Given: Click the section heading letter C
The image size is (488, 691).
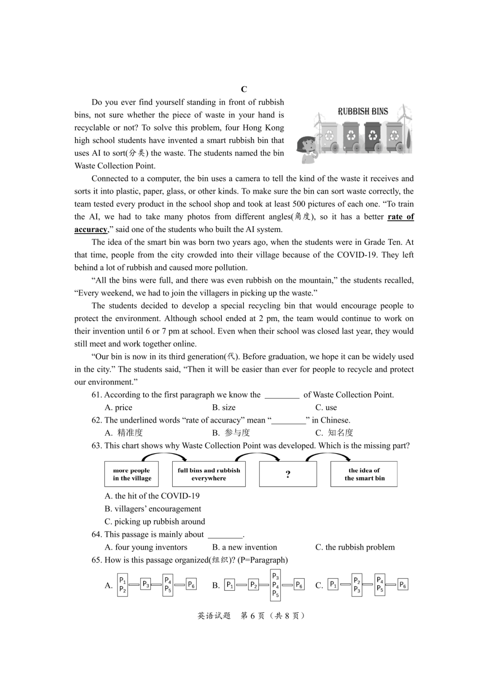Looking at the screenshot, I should coord(244,89).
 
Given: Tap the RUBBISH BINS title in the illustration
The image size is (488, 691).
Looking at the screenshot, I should coord(363,111).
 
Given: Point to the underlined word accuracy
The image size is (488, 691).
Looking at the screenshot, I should coord(91,229).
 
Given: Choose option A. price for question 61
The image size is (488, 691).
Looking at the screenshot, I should coord(118,407).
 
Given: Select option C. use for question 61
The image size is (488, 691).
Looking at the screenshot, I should coord(326,407).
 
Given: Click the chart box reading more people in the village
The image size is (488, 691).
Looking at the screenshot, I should coord(132,474).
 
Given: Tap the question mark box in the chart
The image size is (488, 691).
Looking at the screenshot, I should coord(288,474).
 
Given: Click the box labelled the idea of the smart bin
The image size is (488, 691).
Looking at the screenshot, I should coord(364,474).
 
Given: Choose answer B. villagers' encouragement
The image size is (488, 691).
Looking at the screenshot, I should coord(153,509).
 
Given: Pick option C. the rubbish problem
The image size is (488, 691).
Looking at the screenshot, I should coord(355,547).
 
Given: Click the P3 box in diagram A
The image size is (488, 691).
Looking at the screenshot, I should coord(145,584).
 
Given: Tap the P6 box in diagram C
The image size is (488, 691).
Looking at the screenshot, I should coord(403,585).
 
